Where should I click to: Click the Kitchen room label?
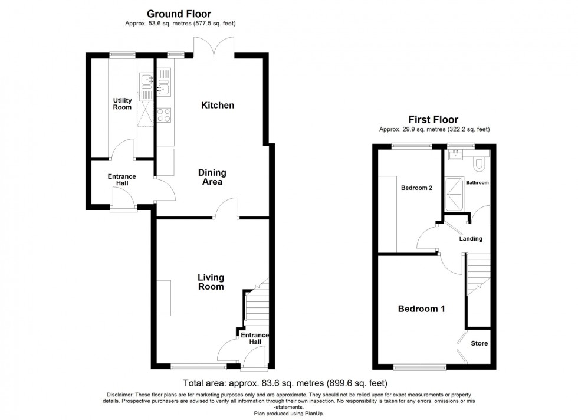tap(218, 106)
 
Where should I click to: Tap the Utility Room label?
tap(123, 104)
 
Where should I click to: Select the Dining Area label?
tap(212, 177)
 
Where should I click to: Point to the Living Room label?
tap(211, 282)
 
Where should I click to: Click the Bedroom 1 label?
tap(421, 309)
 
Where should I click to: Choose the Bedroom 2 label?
tap(416, 188)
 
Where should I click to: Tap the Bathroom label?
tap(477, 182)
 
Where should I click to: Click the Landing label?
tap(471, 238)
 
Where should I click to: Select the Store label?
tap(479, 343)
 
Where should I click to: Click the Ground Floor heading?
tap(179, 14)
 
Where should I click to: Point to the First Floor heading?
tap(433, 120)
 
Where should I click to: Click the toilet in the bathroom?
tap(480, 164)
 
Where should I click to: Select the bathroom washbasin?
tap(455, 155)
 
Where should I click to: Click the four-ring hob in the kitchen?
tap(164, 114)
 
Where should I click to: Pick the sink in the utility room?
tap(147, 81)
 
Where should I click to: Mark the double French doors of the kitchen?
tap(214, 47)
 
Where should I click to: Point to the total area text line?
tap(285, 383)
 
